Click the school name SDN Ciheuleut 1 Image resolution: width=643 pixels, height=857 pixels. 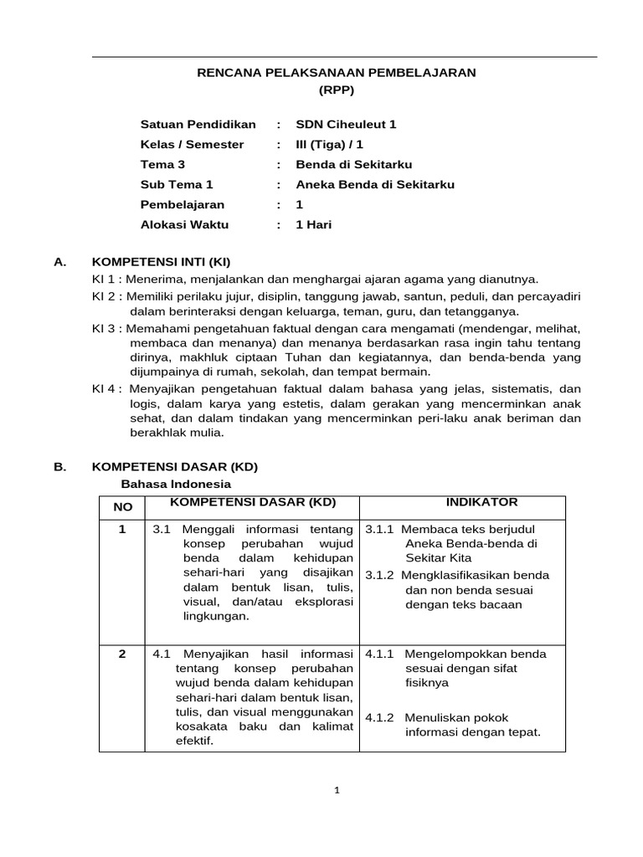(346, 125)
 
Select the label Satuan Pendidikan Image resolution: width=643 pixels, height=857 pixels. (198, 125)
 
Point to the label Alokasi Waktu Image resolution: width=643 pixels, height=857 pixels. (184, 225)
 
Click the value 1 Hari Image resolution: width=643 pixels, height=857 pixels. (314, 225)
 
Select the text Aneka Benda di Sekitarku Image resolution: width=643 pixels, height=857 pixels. (375, 185)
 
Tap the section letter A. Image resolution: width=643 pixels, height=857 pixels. (59, 262)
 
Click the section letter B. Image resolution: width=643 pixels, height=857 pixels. (59, 468)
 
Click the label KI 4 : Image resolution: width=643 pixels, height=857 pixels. (108, 388)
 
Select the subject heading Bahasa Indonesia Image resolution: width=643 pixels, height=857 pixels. (176, 484)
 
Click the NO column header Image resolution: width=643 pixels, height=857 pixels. (122, 507)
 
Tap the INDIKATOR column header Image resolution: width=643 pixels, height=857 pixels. (481, 502)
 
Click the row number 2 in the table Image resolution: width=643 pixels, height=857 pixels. (122, 654)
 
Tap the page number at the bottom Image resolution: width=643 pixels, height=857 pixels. (336, 789)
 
